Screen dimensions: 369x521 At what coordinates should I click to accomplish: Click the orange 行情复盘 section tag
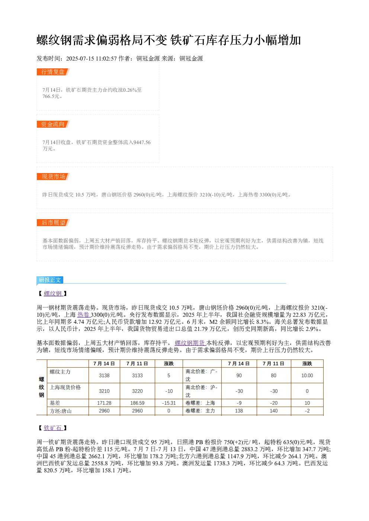(53, 72)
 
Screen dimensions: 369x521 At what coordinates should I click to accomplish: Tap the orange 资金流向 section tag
(53, 124)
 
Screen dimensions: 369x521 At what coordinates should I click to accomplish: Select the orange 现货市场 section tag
(53, 176)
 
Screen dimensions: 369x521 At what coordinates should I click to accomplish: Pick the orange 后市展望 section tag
(53, 222)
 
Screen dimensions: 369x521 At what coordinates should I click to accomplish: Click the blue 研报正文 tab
(50, 280)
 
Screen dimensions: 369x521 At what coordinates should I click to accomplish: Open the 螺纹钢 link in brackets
(53, 293)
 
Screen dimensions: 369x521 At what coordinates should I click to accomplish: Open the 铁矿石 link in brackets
(53, 428)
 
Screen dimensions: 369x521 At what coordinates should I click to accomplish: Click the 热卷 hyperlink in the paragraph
(84, 315)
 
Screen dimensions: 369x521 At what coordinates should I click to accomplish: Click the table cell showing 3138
(104, 375)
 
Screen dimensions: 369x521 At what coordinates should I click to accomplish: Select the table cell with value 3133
(137, 375)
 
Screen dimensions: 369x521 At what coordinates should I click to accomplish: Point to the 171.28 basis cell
(104, 403)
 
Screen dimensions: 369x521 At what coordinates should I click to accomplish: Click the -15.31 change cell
(169, 403)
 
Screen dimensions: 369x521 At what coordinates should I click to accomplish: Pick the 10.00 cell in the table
(307, 375)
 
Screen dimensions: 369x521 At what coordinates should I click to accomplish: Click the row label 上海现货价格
(65, 387)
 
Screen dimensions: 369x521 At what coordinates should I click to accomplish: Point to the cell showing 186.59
(137, 403)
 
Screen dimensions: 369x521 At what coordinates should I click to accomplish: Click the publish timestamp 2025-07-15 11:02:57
(92, 58)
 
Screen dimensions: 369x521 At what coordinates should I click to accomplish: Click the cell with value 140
(274, 411)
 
